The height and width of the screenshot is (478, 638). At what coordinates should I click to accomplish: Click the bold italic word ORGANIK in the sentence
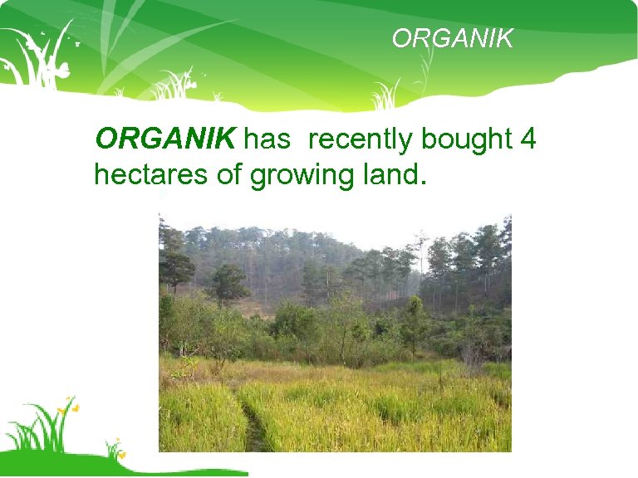pos(165,139)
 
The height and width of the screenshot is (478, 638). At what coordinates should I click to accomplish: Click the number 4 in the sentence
pos(527,139)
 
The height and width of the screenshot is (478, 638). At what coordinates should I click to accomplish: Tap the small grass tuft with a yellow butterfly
pos(114,449)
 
